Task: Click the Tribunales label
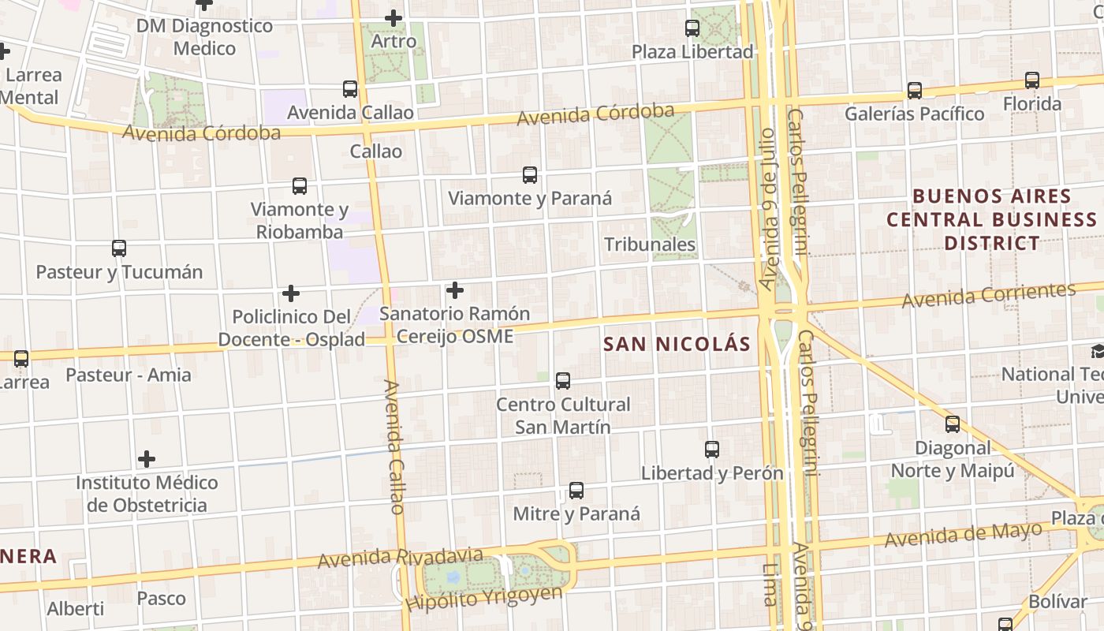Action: pyautogui.click(x=650, y=245)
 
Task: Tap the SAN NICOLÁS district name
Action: pyautogui.click(x=677, y=345)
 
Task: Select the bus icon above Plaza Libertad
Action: pyautogui.click(x=692, y=28)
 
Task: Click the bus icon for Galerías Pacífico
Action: pyautogui.click(x=915, y=91)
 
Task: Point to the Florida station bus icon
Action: pyautogui.click(x=1032, y=80)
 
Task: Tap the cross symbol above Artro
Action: pyautogui.click(x=393, y=18)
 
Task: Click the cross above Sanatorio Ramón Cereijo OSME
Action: pyautogui.click(x=455, y=290)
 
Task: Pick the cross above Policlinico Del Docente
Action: pyautogui.click(x=291, y=293)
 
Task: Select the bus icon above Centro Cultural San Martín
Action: pyautogui.click(x=563, y=381)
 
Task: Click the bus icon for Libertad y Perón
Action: pyautogui.click(x=712, y=450)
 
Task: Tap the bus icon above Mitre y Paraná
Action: pyautogui.click(x=576, y=491)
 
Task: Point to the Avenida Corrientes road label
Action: pyautogui.click(x=989, y=296)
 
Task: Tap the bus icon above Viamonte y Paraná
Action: pyautogui.click(x=530, y=175)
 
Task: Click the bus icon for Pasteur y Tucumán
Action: pyautogui.click(x=119, y=248)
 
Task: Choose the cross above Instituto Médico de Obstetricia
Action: pyautogui.click(x=147, y=459)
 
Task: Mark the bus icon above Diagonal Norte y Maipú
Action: pyautogui.click(x=953, y=424)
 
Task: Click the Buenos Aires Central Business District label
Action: pyautogui.click(x=991, y=219)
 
